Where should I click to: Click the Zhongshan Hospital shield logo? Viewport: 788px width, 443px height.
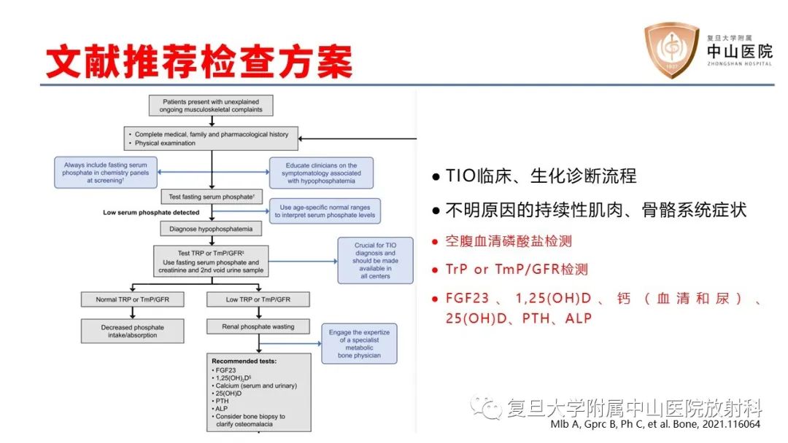tap(670, 51)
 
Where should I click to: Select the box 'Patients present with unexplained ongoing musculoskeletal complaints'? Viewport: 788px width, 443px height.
tap(211, 105)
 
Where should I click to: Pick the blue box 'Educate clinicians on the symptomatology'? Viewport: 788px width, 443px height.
tap(321, 173)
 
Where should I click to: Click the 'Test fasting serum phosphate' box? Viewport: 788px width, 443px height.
tap(211, 197)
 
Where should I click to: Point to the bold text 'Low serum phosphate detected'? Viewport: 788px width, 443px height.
tap(151, 213)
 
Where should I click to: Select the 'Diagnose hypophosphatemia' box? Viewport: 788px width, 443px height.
tap(211, 229)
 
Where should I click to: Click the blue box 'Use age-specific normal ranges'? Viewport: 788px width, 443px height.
tap(325, 211)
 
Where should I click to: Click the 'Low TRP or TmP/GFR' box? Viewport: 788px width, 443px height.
tap(258, 299)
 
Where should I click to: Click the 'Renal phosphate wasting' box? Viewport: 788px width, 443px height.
tap(258, 327)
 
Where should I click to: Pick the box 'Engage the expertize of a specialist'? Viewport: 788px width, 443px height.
tap(360, 344)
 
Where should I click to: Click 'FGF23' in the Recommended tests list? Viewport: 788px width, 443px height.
tap(223, 369)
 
